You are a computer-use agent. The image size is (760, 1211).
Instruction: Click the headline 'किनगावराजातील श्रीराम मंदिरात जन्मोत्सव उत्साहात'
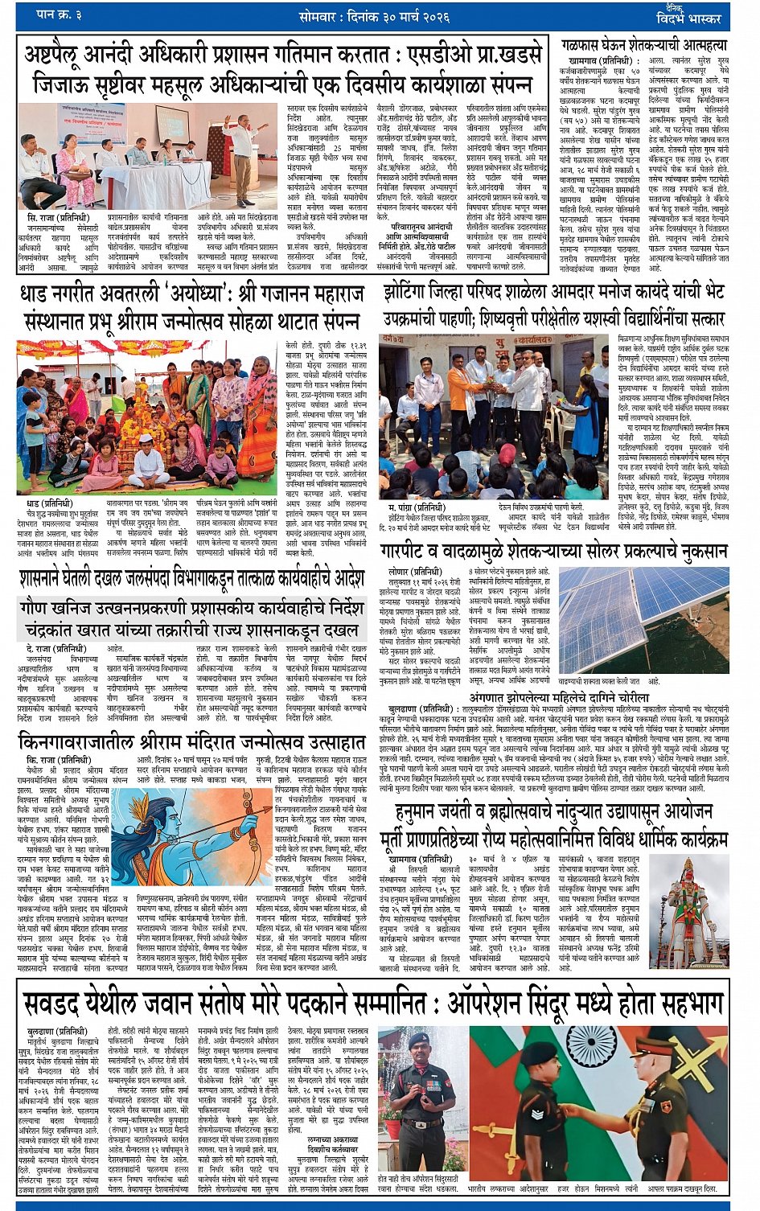click(192, 740)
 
